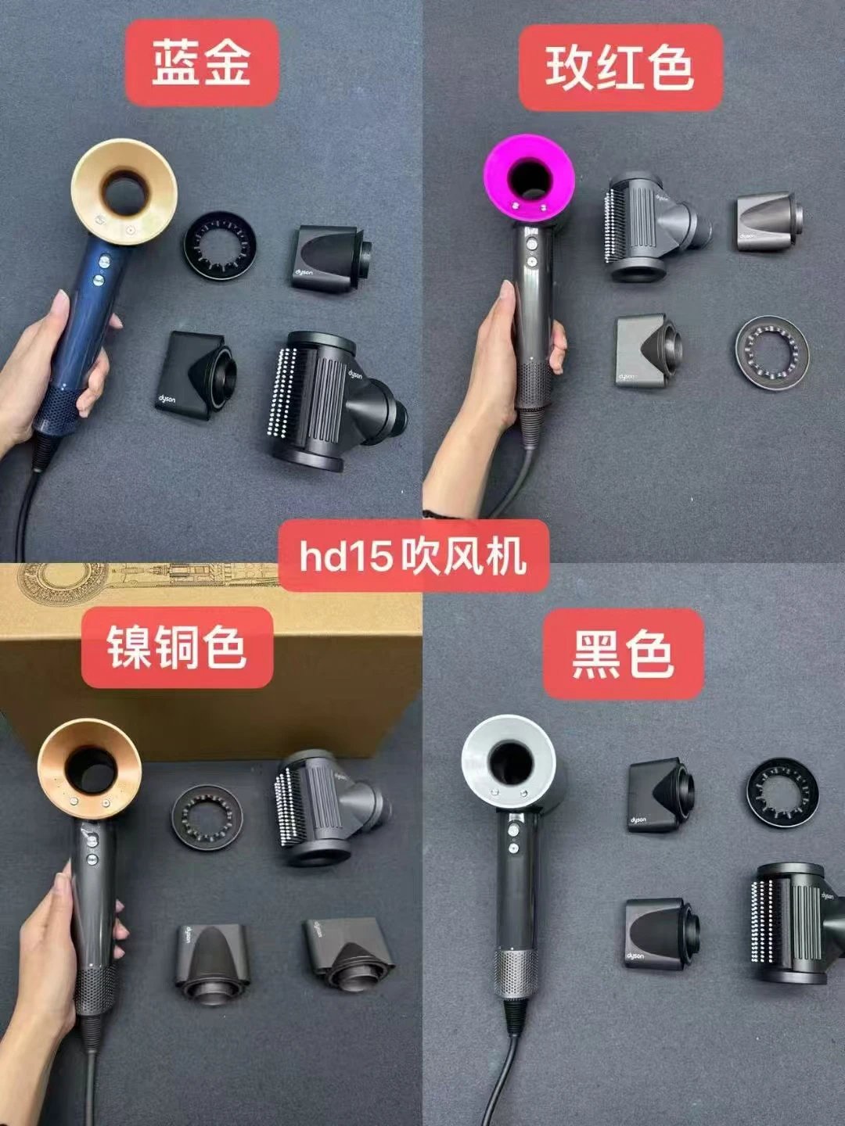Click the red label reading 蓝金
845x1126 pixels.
tap(202, 63)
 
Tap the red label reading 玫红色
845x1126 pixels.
tap(620, 67)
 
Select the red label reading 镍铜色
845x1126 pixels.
tap(177, 647)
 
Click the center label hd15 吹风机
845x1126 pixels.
tap(413, 556)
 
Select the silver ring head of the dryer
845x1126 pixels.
tap(509, 762)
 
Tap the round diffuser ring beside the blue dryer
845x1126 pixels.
tap(220, 246)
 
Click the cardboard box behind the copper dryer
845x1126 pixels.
tap(210, 662)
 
